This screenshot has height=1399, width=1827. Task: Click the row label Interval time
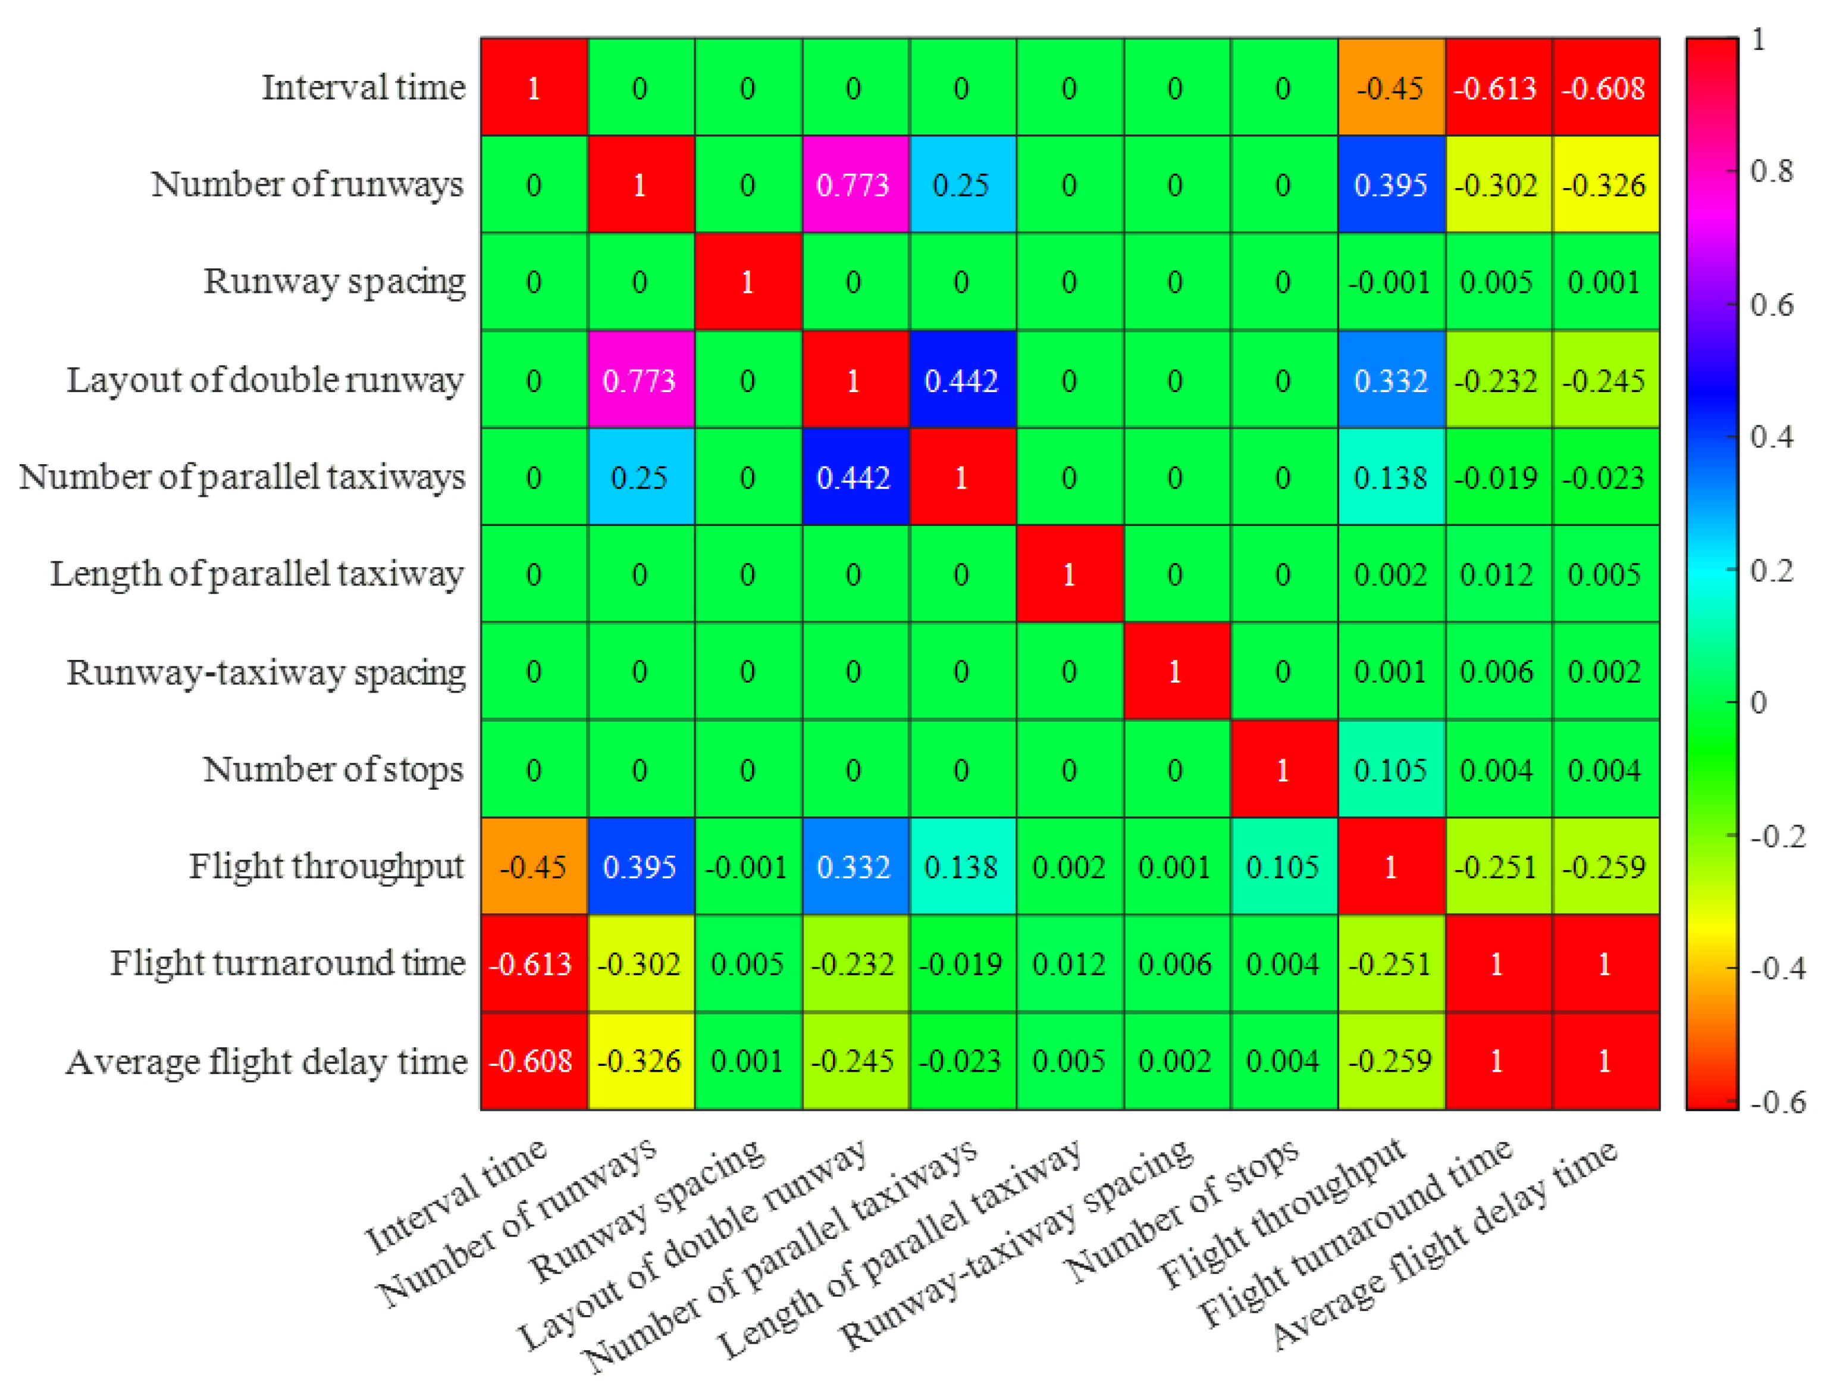tap(363, 87)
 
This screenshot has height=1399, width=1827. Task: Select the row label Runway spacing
tap(334, 281)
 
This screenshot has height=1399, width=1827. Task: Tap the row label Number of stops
tap(333, 769)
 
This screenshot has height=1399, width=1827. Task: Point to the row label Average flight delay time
tap(267, 1062)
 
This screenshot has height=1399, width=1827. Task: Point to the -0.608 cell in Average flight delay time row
tap(532, 1061)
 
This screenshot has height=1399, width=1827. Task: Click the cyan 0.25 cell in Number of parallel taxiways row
tap(640, 477)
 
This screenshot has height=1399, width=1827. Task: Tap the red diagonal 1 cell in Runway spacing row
tap(747, 281)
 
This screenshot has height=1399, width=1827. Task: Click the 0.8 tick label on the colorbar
tap(1771, 171)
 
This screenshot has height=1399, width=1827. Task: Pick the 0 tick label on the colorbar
tap(1758, 703)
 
